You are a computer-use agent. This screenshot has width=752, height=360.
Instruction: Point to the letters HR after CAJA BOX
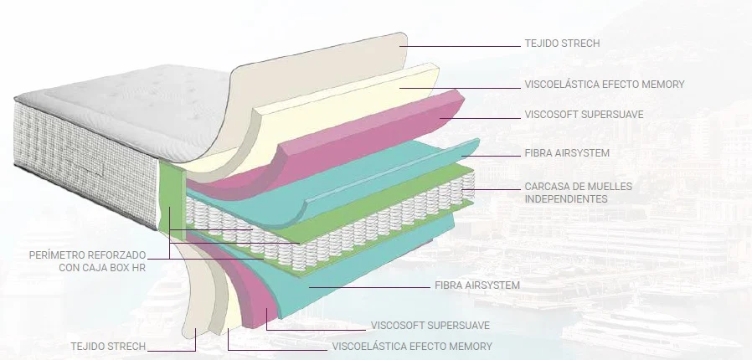pos(139,267)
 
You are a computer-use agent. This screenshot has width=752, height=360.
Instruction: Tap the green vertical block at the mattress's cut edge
pos(171,199)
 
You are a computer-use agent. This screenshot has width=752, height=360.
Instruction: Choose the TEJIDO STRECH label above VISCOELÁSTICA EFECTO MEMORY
pos(562,44)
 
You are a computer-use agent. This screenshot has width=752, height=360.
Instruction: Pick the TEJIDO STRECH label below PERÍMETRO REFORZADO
pos(108,346)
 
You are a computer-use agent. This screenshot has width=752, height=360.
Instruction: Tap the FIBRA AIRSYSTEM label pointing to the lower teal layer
pos(477,285)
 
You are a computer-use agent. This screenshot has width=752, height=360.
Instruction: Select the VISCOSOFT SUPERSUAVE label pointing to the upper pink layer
pos(585,115)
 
